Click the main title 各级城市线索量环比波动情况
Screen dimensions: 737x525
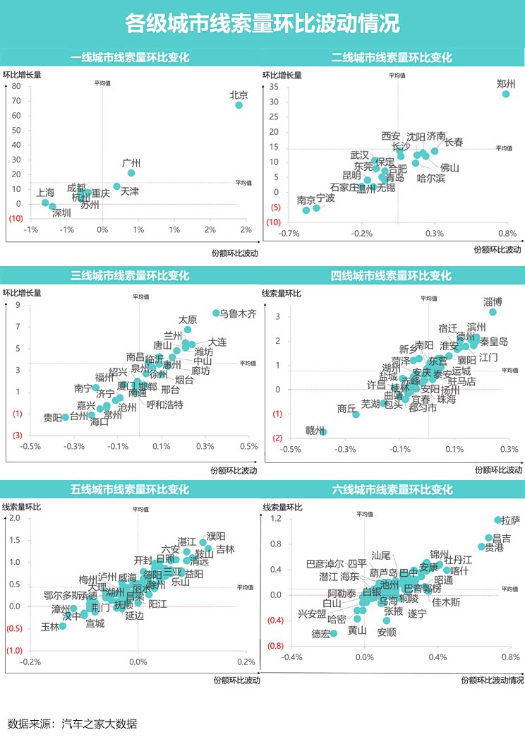tap(262, 24)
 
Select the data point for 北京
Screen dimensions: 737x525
tap(239, 105)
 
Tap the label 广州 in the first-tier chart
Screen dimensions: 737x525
tap(132, 163)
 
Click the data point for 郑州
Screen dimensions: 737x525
tap(506, 94)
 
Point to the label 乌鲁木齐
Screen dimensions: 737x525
tap(239, 313)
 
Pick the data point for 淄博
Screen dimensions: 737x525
tap(493, 312)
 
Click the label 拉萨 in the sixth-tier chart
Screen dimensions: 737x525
tap(510, 521)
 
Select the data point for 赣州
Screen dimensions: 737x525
tap(323, 431)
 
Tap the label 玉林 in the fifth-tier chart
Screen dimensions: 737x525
tap(50, 627)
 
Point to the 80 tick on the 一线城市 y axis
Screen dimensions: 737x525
tap(16, 87)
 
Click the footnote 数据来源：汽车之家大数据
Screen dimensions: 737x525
tap(72, 724)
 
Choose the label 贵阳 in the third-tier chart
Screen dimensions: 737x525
tap(52, 417)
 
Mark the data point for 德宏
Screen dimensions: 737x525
tap(334, 633)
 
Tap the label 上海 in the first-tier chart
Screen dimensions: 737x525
tap(46, 192)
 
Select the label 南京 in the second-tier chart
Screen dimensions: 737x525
tap(306, 200)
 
